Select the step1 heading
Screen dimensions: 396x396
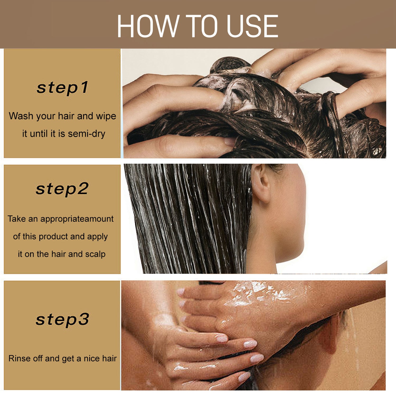click(x=62, y=88)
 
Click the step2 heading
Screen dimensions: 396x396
click(x=62, y=189)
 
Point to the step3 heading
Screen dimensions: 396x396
click(x=62, y=319)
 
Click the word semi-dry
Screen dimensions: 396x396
click(x=86, y=134)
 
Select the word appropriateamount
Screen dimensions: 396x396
click(x=77, y=219)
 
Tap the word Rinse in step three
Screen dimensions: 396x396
click(x=17, y=359)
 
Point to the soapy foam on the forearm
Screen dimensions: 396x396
click(x=261, y=293)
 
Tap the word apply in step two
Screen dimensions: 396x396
click(x=97, y=237)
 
